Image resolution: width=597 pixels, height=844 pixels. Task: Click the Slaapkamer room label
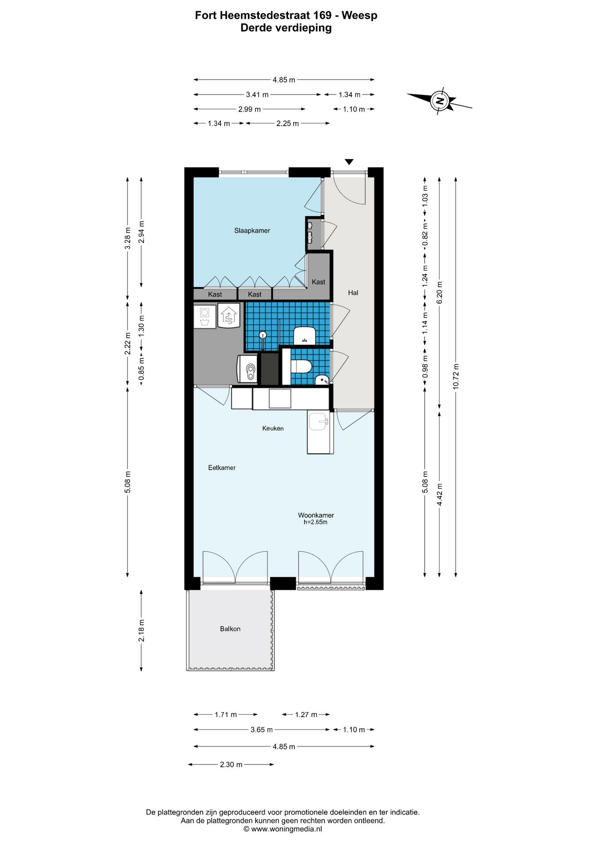[x=252, y=230]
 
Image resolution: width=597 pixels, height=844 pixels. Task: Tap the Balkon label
[x=230, y=629]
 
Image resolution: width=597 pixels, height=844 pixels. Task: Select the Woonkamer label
[x=316, y=515]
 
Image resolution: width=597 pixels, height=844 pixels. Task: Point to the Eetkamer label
[x=222, y=468]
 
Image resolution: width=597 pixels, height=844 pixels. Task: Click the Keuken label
[x=273, y=428]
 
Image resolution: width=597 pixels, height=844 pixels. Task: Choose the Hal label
[x=353, y=293]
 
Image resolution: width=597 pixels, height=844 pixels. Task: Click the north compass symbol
[x=439, y=101]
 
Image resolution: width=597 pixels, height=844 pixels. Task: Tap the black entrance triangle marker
[x=349, y=162]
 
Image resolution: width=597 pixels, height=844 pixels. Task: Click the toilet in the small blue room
[x=301, y=366]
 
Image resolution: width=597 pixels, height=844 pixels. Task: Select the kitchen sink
[x=318, y=422]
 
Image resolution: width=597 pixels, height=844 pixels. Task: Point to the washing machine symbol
[x=204, y=316]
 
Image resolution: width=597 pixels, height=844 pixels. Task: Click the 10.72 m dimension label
[x=456, y=377]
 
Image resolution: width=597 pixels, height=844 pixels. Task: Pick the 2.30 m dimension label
[x=231, y=764]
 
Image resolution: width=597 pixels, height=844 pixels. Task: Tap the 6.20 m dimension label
[x=440, y=292]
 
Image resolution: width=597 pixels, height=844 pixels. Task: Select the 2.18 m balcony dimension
[x=142, y=630]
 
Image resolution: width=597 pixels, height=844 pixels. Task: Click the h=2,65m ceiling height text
[x=316, y=522]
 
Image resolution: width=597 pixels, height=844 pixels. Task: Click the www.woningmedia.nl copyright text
[x=283, y=829]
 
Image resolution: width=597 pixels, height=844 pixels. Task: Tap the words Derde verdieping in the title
[x=286, y=28]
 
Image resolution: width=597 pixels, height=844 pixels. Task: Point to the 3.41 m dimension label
[x=257, y=95]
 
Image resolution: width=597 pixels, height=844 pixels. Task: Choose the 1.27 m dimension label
[x=306, y=714]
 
